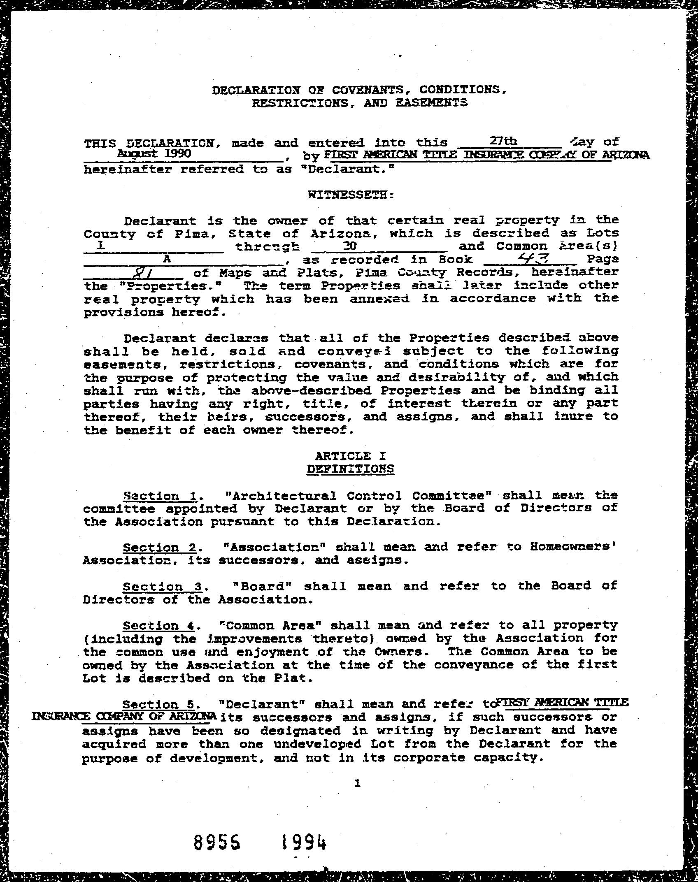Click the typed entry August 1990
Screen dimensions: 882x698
click(154, 154)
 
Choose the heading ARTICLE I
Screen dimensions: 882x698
click(350, 455)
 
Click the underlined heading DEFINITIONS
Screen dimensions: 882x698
click(351, 469)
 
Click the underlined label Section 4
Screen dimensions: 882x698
click(158, 626)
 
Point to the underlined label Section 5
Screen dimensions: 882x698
click(158, 704)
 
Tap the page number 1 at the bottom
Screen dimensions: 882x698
click(357, 784)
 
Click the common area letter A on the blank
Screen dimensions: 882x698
click(167, 259)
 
